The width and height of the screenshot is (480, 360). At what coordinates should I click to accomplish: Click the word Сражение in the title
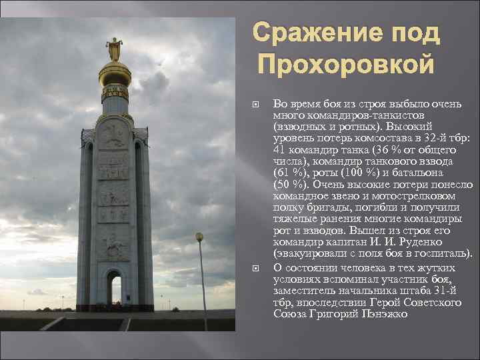(x=307, y=33)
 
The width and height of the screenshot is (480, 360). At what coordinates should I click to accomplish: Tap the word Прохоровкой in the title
(x=346, y=65)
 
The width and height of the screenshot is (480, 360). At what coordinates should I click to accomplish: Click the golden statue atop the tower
(x=114, y=49)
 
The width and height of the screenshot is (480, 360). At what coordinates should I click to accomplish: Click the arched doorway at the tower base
(x=114, y=288)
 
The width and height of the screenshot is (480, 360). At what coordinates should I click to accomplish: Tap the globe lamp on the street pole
(x=199, y=237)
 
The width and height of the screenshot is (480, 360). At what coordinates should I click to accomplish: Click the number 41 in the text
(x=280, y=150)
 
